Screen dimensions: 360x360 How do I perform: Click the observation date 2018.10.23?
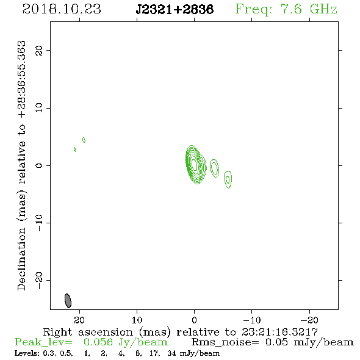tap(62, 9)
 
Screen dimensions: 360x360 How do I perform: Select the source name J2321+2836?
tap(175, 10)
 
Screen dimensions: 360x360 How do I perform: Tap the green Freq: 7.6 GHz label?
tap(286, 9)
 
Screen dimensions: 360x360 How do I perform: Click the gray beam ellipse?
tap(68, 301)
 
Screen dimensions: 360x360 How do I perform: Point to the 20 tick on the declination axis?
tap(39, 51)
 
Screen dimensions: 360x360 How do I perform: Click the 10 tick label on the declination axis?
tap(39, 108)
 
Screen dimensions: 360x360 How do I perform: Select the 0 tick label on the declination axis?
tap(39, 165)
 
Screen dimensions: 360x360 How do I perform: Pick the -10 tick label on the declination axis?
tap(39, 223)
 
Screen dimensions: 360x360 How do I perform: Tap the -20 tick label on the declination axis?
tap(39, 280)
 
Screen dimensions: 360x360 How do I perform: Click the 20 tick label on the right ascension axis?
tap(79, 320)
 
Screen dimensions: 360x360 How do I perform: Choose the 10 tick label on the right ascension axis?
tap(137, 320)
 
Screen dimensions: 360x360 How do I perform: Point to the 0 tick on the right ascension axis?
tap(194, 320)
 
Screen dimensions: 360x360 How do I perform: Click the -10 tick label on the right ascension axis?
tap(252, 320)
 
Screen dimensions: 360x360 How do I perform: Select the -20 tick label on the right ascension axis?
tap(309, 320)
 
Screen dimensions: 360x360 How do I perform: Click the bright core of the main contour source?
tap(195, 165)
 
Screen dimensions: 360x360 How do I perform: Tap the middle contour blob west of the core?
tap(214, 168)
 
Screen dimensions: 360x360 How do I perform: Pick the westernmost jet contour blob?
tap(228, 179)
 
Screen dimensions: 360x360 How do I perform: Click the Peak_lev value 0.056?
tap(98, 342)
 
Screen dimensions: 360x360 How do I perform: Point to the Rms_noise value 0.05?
tap(276, 342)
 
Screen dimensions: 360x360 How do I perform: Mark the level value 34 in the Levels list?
tap(171, 353)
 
